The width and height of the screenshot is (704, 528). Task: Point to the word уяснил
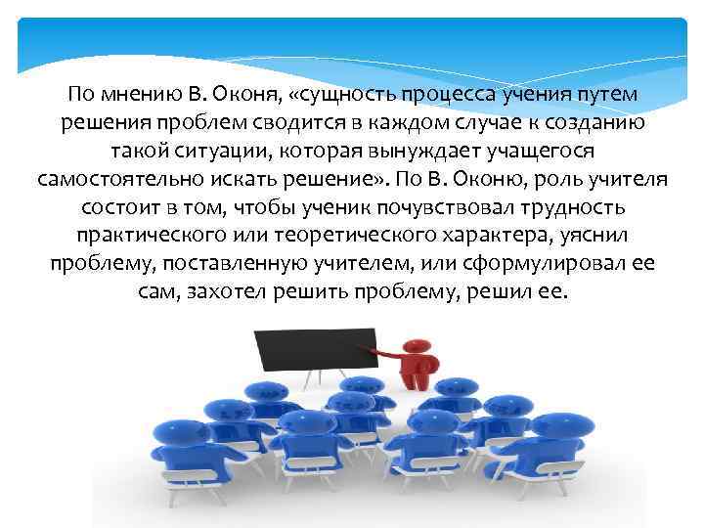[x=592, y=238]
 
